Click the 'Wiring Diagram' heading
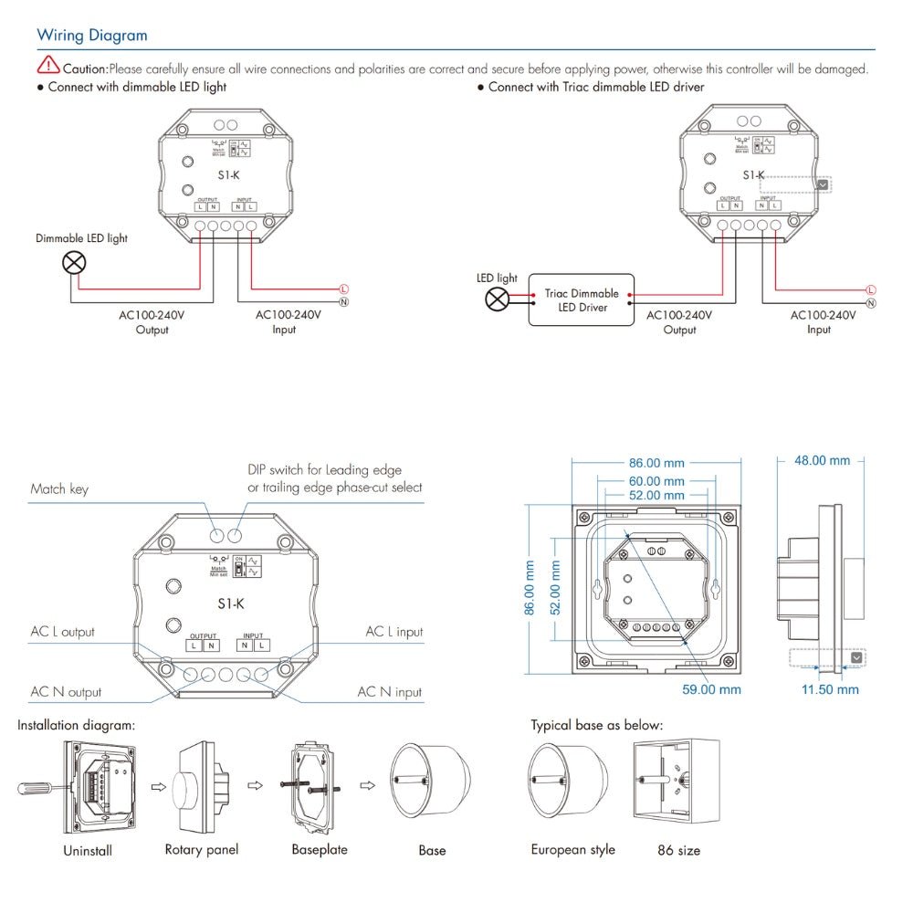(x=91, y=36)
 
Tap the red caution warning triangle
(x=47, y=65)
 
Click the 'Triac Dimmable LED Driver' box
(x=582, y=300)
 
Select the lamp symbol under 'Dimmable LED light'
(x=73, y=264)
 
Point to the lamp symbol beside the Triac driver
(x=497, y=299)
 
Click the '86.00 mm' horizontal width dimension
(x=656, y=463)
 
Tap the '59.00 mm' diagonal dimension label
(x=711, y=689)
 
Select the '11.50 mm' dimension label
(x=830, y=689)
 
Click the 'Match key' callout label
(x=59, y=489)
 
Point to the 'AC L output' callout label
(x=62, y=632)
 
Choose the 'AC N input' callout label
(x=389, y=692)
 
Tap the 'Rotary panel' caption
(x=201, y=850)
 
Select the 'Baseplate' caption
(x=320, y=850)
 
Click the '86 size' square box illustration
(x=678, y=783)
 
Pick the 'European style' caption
(x=572, y=850)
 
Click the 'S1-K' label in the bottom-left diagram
(x=231, y=603)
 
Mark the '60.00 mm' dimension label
(x=656, y=481)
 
